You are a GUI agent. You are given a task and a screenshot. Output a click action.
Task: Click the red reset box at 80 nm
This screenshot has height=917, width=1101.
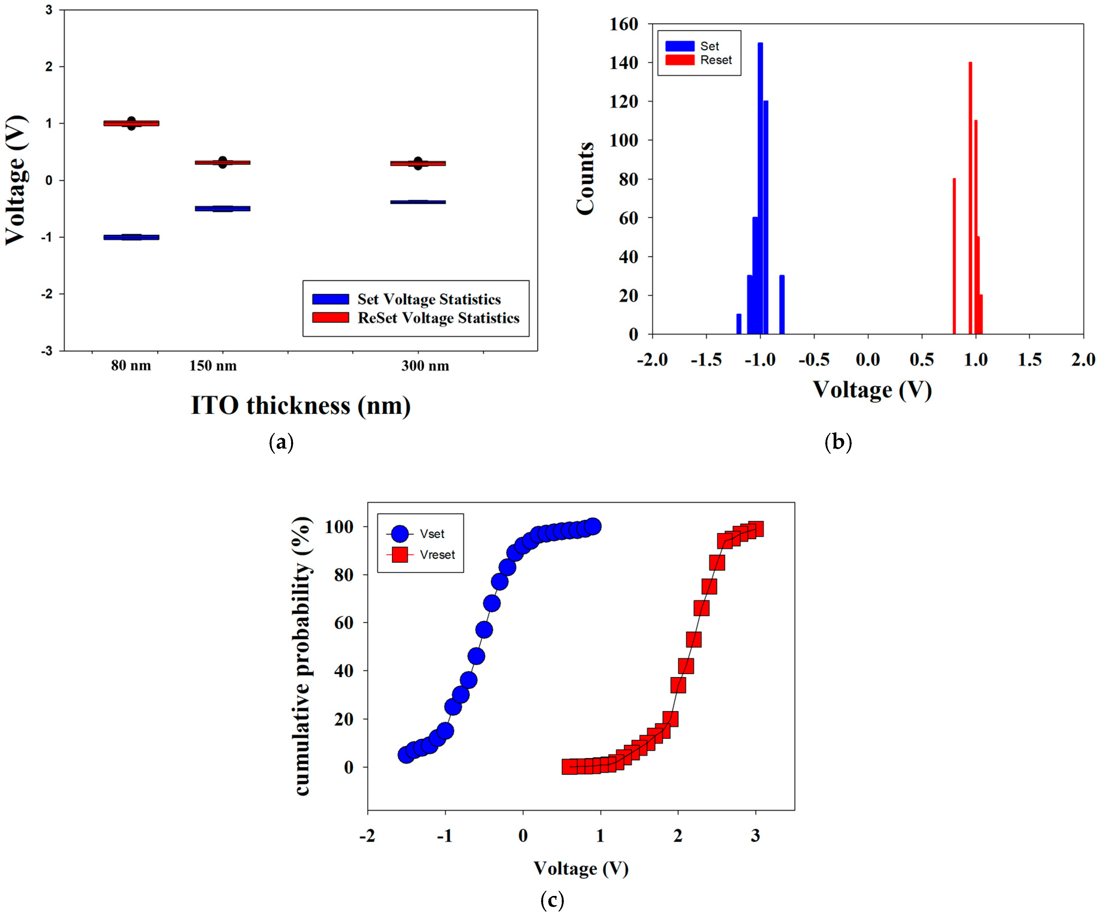coord(131,123)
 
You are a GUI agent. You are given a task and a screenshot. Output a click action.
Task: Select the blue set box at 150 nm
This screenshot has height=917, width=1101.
coord(222,208)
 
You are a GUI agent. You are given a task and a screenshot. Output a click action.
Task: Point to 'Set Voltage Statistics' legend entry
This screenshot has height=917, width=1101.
coord(428,299)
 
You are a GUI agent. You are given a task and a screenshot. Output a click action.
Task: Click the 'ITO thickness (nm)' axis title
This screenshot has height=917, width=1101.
coord(300,405)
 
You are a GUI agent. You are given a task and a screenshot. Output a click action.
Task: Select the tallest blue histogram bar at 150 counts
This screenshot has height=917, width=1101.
coord(760,189)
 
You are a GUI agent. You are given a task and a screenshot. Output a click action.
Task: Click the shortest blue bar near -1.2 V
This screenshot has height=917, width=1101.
coord(739,324)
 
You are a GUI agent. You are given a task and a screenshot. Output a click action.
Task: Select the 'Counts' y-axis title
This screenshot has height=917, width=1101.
coord(586,178)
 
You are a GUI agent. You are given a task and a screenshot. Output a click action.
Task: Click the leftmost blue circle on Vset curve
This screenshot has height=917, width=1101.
coord(406,755)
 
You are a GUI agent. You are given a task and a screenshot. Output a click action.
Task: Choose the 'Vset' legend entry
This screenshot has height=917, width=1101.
coord(431,534)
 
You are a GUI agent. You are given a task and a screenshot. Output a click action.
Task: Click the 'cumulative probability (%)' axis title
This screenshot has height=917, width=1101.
coord(303,655)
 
